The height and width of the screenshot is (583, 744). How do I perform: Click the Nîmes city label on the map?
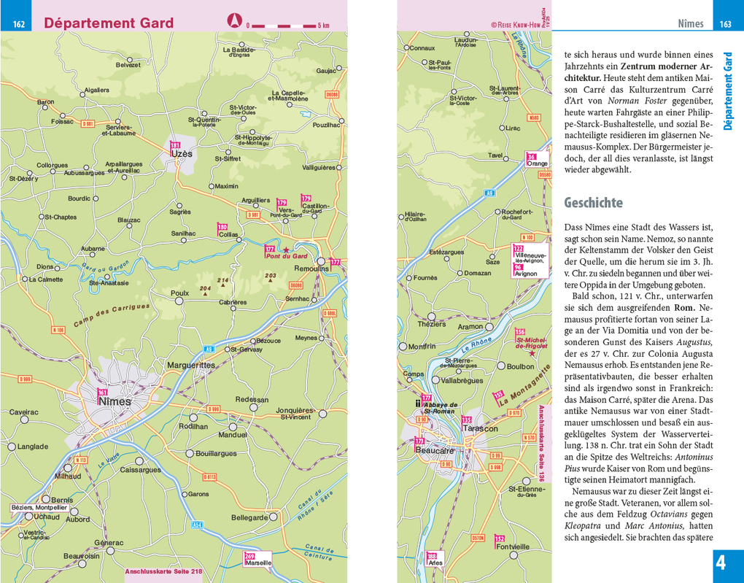(x=115, y=401)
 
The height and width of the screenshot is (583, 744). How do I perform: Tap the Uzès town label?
(x=182, y=154)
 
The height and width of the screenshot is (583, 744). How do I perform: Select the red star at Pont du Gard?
(x=286, y=250)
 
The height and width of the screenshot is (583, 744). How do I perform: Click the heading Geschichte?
(x=593, y=203)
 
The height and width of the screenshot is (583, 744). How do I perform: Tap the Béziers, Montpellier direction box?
(x=39, y=507)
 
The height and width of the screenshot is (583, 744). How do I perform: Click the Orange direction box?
(x=537, y=163)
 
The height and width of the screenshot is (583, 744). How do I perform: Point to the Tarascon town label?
(x=480, y=429)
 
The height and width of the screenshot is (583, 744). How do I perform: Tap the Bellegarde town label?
(x=249, y=517)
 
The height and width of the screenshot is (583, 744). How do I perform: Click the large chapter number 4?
(x=721, y=564)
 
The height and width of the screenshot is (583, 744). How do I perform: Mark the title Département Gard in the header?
(x=109, y=23)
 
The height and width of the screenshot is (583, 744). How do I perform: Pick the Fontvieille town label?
(x=511, y=547)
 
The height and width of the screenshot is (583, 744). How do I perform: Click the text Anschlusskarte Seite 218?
(x=164, y=571)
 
